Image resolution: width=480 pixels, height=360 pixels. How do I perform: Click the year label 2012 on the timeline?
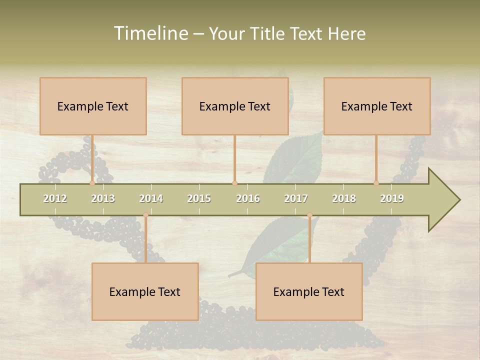(55, 198)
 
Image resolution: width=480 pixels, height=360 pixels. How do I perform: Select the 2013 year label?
(103, 198)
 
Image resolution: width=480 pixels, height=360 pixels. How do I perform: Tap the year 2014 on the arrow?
(151, 198)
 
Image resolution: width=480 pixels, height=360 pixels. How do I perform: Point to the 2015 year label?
(199, 198)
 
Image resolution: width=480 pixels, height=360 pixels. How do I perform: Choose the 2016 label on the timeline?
(248, 198)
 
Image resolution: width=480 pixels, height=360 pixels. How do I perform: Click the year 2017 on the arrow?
(296, 198)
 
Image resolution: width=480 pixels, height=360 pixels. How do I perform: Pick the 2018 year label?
(344, 198)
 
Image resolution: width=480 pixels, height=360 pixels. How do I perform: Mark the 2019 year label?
(392, 198)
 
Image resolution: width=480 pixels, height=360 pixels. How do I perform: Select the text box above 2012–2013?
(93, 106)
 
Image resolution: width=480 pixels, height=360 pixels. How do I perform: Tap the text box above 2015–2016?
(235, 106)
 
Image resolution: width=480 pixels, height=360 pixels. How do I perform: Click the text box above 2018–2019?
(377, 106)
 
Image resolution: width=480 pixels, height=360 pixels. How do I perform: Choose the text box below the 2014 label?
(145, 291)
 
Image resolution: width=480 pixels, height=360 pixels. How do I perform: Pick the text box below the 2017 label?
(309, 291)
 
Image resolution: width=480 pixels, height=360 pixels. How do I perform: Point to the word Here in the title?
(346, 33)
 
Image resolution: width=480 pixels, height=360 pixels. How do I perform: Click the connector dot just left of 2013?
(92, 183)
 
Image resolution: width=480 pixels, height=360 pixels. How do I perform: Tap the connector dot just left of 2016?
(235, 183)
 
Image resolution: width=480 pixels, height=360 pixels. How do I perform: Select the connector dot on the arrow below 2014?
(145, 215)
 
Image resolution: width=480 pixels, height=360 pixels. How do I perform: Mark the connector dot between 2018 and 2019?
(376, 183)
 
